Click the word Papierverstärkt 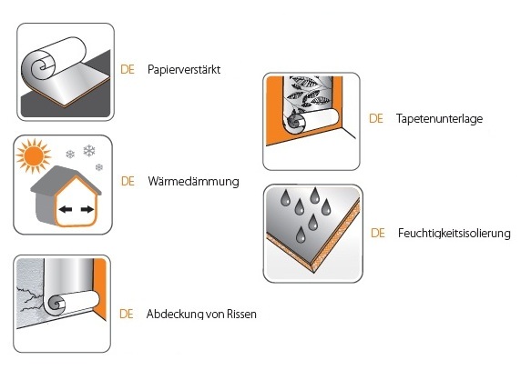[x=184, y=70]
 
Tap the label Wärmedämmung [x=193, y=182]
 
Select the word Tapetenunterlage [x=439, y=119]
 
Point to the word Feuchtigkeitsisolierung [x=454, y=233]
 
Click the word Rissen [x=241, y=314]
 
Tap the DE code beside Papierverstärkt [x=128, y=70]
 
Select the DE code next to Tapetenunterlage [x=376, y=119]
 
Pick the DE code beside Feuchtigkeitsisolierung [x=378, y=233]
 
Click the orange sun [x=33, y=155]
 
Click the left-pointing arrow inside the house [x=66, y=209]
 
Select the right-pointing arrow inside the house [x=87, y=209]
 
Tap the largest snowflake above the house [x=89, y=151]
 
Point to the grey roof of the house [x=63, y=181]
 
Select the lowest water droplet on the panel [x=301, y=235]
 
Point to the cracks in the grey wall [x=30, y=301]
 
